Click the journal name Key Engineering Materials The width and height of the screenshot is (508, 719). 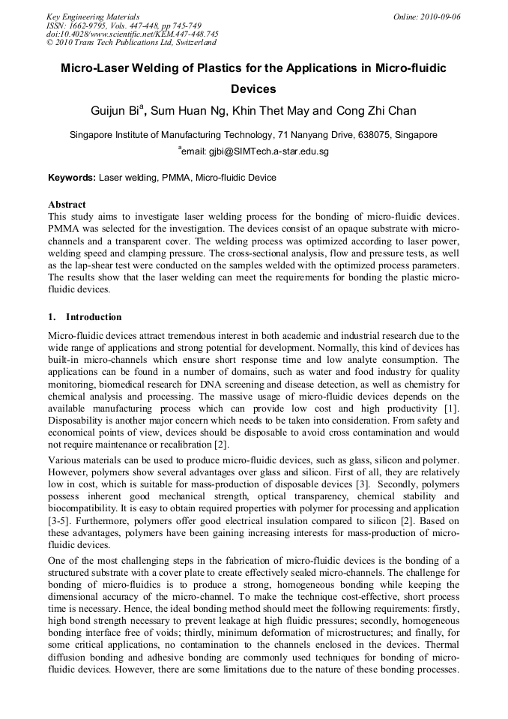click(93, 16)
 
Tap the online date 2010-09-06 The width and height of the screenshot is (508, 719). click(438, 16)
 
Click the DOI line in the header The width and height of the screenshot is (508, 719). click(132, 34)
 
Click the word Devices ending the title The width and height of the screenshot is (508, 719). click(253, 88)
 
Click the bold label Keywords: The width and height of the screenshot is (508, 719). click(72, 178)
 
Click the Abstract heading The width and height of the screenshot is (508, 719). click(67, 204)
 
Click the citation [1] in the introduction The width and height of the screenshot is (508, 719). click(453, 409)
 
